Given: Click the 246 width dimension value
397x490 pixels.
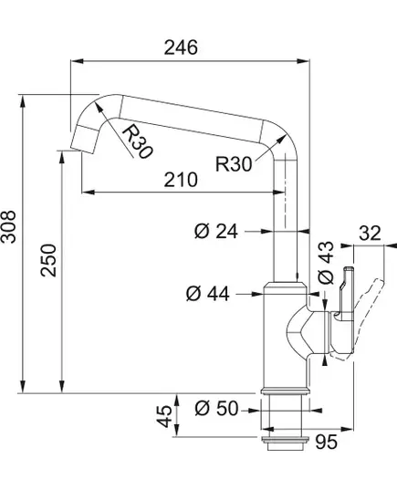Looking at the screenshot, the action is click(181, 47).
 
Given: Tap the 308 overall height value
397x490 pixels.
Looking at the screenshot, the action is click(8, 226).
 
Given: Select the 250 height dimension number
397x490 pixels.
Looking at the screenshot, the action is click(48, 260).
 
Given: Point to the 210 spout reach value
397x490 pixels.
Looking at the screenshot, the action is click(181, 180).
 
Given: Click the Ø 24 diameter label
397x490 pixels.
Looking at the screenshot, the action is click(216, 231).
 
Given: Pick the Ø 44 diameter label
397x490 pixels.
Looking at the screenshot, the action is click(207, 294).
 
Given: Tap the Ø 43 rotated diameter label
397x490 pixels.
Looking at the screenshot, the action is click(326, 262).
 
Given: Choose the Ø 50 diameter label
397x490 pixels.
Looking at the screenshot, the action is click(216, 409).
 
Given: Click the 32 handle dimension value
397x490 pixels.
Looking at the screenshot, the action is click(370, 233).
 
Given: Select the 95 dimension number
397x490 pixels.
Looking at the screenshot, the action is click(326, 442).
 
